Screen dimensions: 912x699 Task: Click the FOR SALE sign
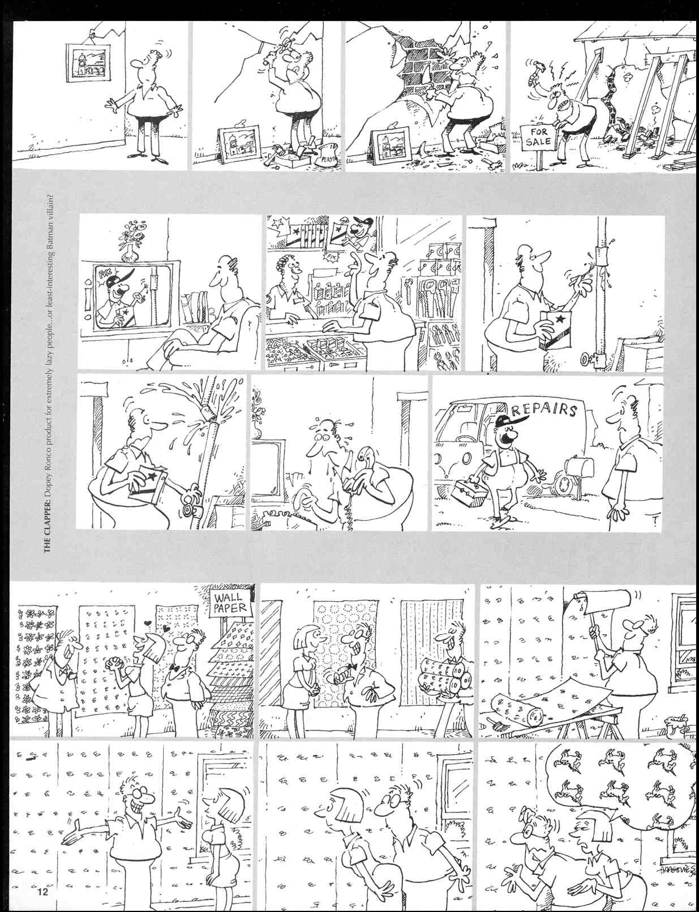pyautogui.click(x=538, y=136)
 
